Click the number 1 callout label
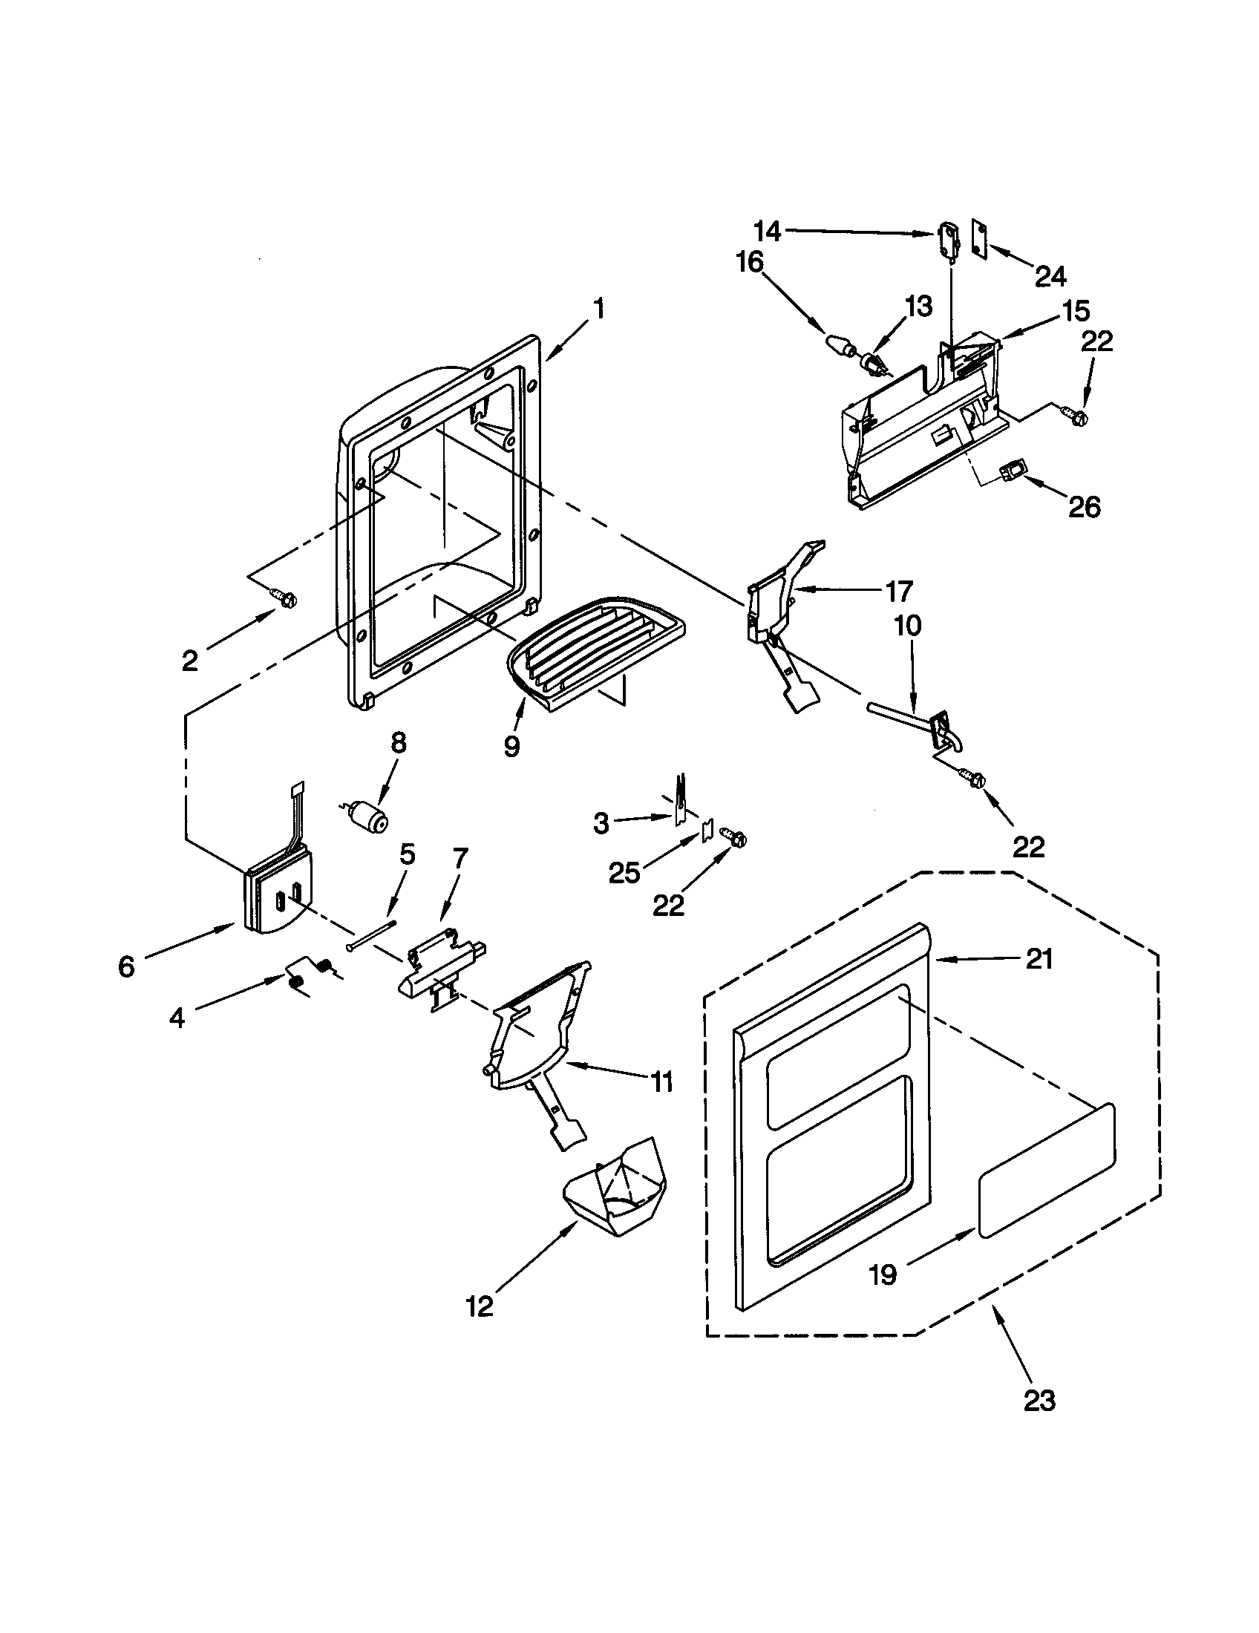coord(599,309)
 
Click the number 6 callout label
coord(126,966)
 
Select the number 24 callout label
coord(1050,277)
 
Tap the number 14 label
coord(767,232)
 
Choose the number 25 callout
coord(625,872)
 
